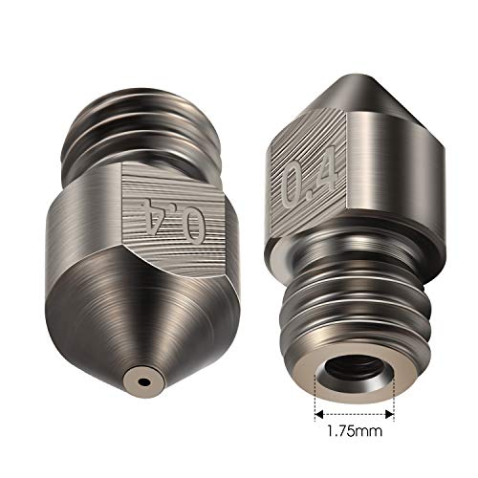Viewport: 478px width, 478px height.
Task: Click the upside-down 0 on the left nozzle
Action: point(195,227)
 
